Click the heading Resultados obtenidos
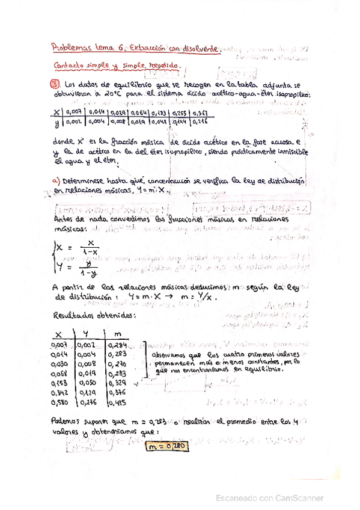87,315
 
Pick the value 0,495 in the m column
117,402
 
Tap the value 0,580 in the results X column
63,402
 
